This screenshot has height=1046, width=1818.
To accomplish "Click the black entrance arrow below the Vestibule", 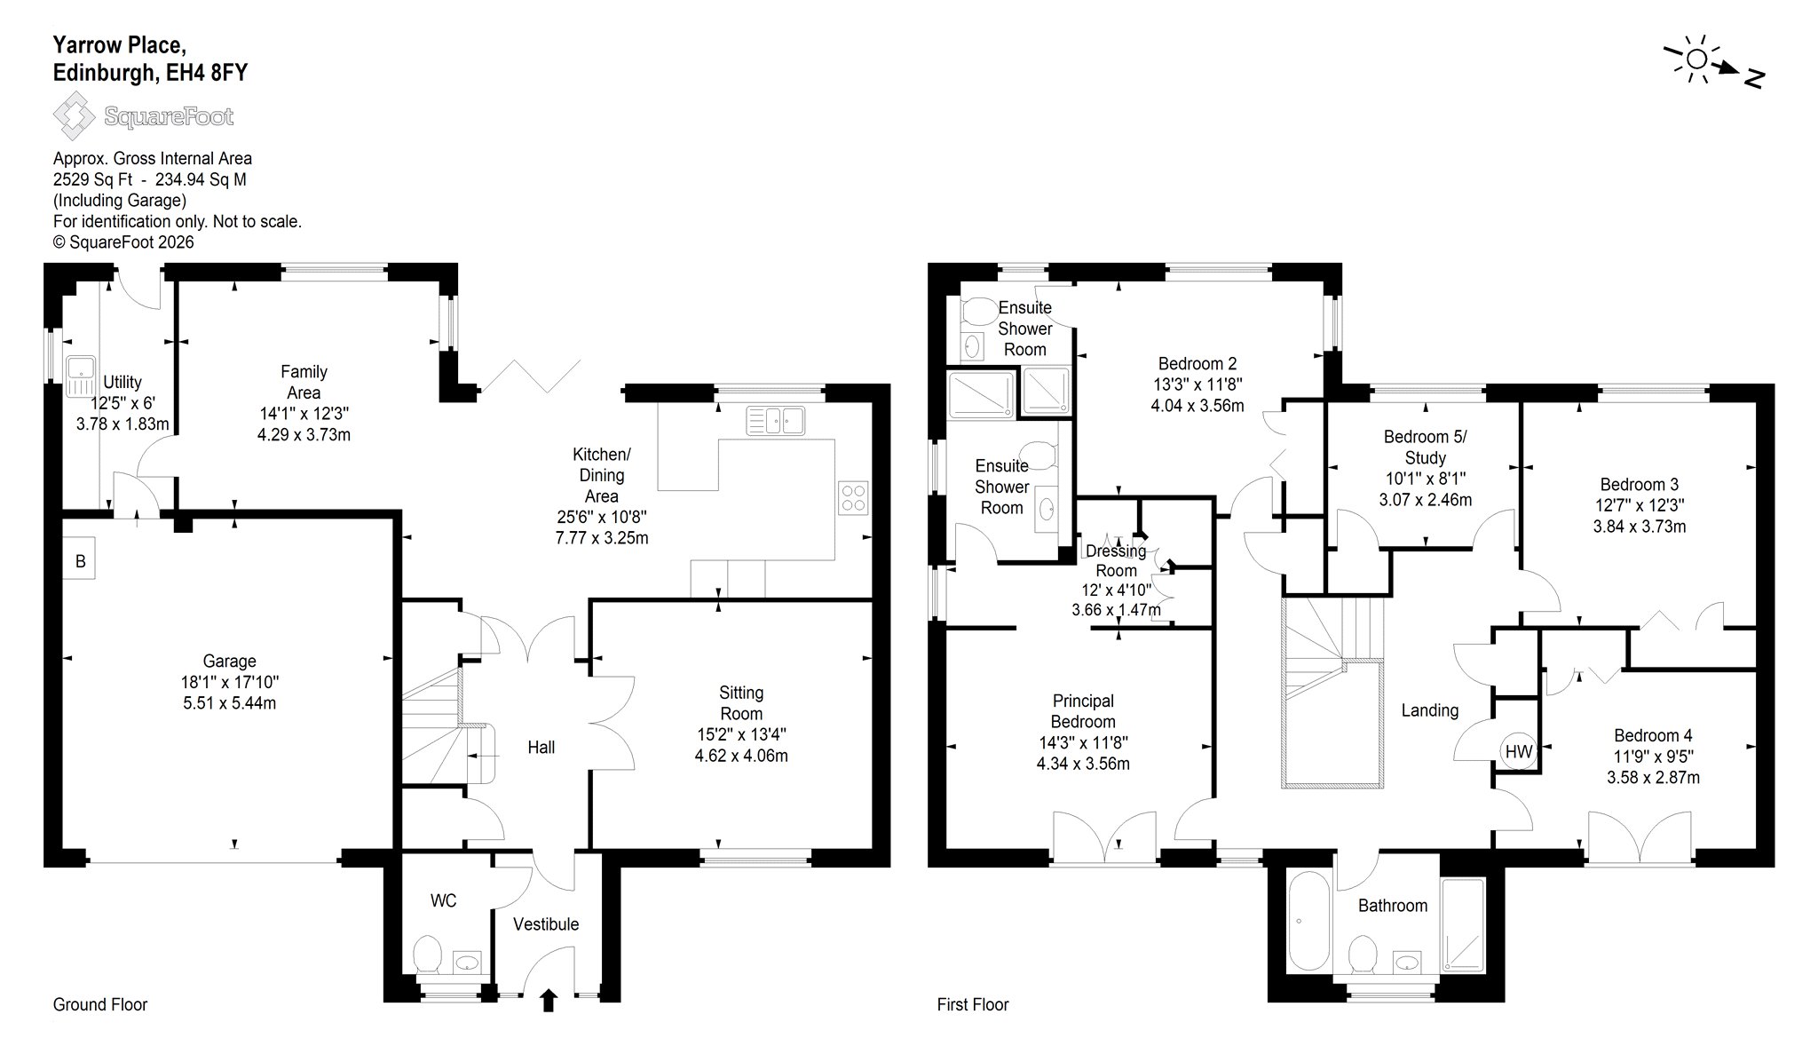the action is (x=549, y=1001).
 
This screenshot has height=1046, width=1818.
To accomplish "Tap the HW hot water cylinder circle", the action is (x=1519, y=752).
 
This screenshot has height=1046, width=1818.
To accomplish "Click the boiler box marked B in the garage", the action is (x=80, y=561).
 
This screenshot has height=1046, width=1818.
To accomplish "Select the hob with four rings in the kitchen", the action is (x=853, y=497).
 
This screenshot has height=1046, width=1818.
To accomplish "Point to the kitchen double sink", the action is (x=775, y=421).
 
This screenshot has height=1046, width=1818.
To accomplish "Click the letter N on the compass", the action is (x=1753, y=79).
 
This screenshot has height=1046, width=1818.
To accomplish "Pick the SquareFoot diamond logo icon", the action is (x=74, y=116).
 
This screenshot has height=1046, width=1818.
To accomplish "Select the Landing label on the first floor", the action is (x=1429, y=710).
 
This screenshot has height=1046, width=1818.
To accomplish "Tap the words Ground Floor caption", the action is (x=100, y=1004).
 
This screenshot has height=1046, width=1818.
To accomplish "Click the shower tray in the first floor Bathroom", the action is (x=1462, y=925).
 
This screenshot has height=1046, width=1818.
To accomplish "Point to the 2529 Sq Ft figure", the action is (x=92, y=179).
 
